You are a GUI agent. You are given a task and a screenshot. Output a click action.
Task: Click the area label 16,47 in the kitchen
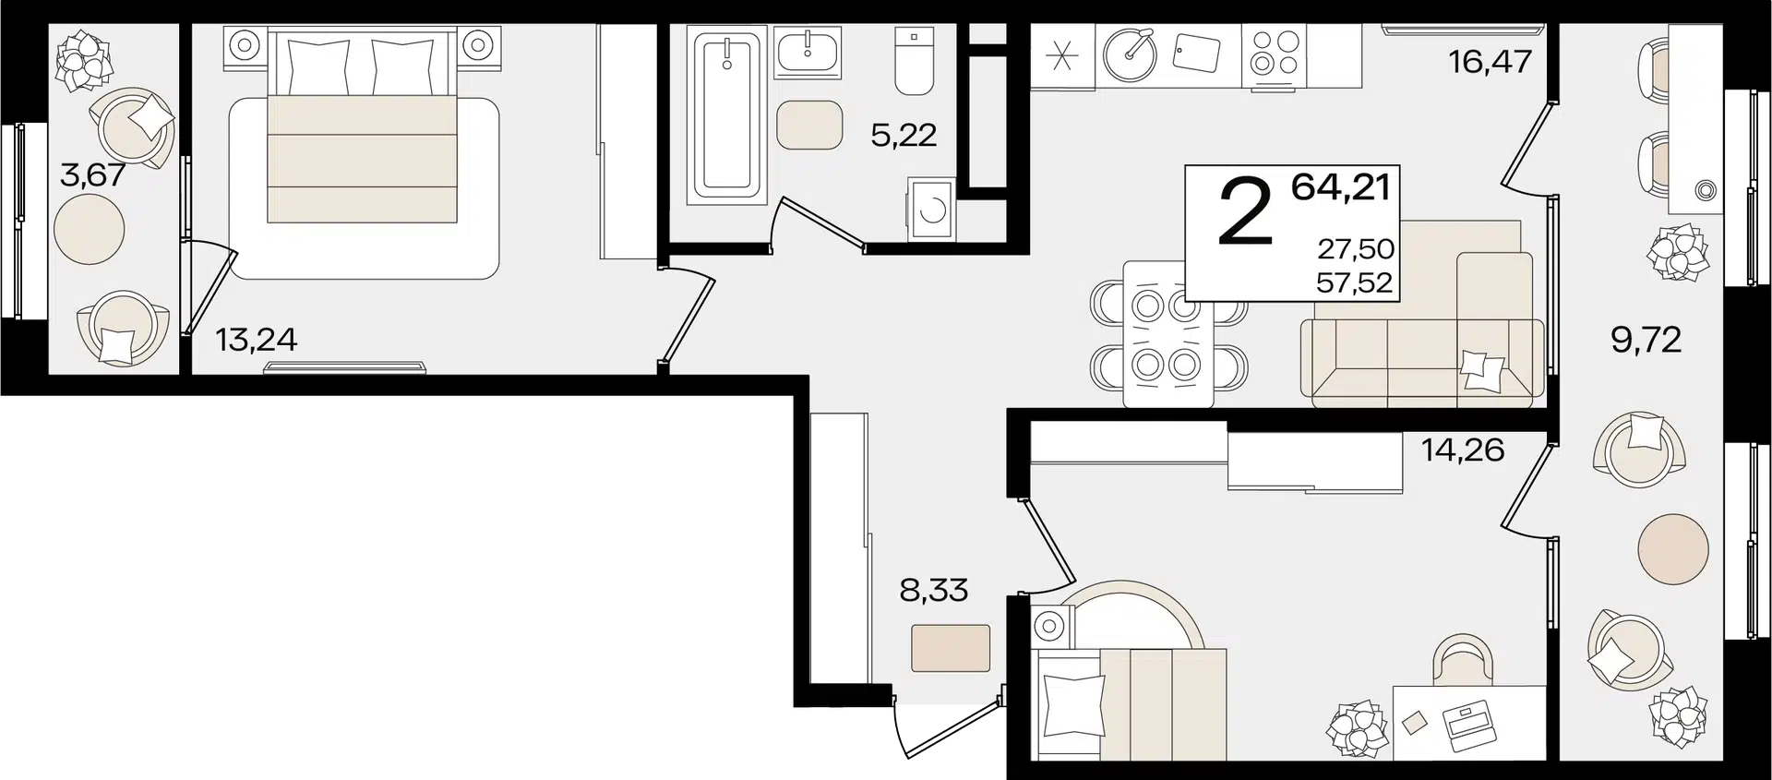[x=1490, y=62]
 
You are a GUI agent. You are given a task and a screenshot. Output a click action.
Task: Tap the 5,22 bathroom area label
[x=904, y=136]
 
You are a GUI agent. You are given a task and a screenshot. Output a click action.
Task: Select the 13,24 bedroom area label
[x=257, y=340]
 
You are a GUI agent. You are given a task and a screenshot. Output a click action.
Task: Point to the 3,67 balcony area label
[x=92, y=174]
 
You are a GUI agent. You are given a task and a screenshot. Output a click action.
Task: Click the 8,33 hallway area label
[x=934, y=590]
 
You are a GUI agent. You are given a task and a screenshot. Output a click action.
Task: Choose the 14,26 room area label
[x=1463, y=450]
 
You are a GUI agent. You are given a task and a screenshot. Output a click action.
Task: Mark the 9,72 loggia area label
[x=1646, y=340]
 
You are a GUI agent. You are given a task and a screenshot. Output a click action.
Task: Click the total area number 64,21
[x=1341, y=186]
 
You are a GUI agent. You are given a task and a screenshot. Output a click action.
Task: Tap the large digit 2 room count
[x=1246, y=211]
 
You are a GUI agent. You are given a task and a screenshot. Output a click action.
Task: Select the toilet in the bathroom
[x=914, y=61]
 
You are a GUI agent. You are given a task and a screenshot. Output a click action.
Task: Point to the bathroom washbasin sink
[x=808, y=54]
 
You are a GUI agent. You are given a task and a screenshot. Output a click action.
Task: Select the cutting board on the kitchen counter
[x=1196, y=53]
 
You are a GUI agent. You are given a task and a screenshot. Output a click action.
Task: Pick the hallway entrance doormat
[x=951, y=648]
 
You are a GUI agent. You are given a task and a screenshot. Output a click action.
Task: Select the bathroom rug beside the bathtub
[x=809, y=125]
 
